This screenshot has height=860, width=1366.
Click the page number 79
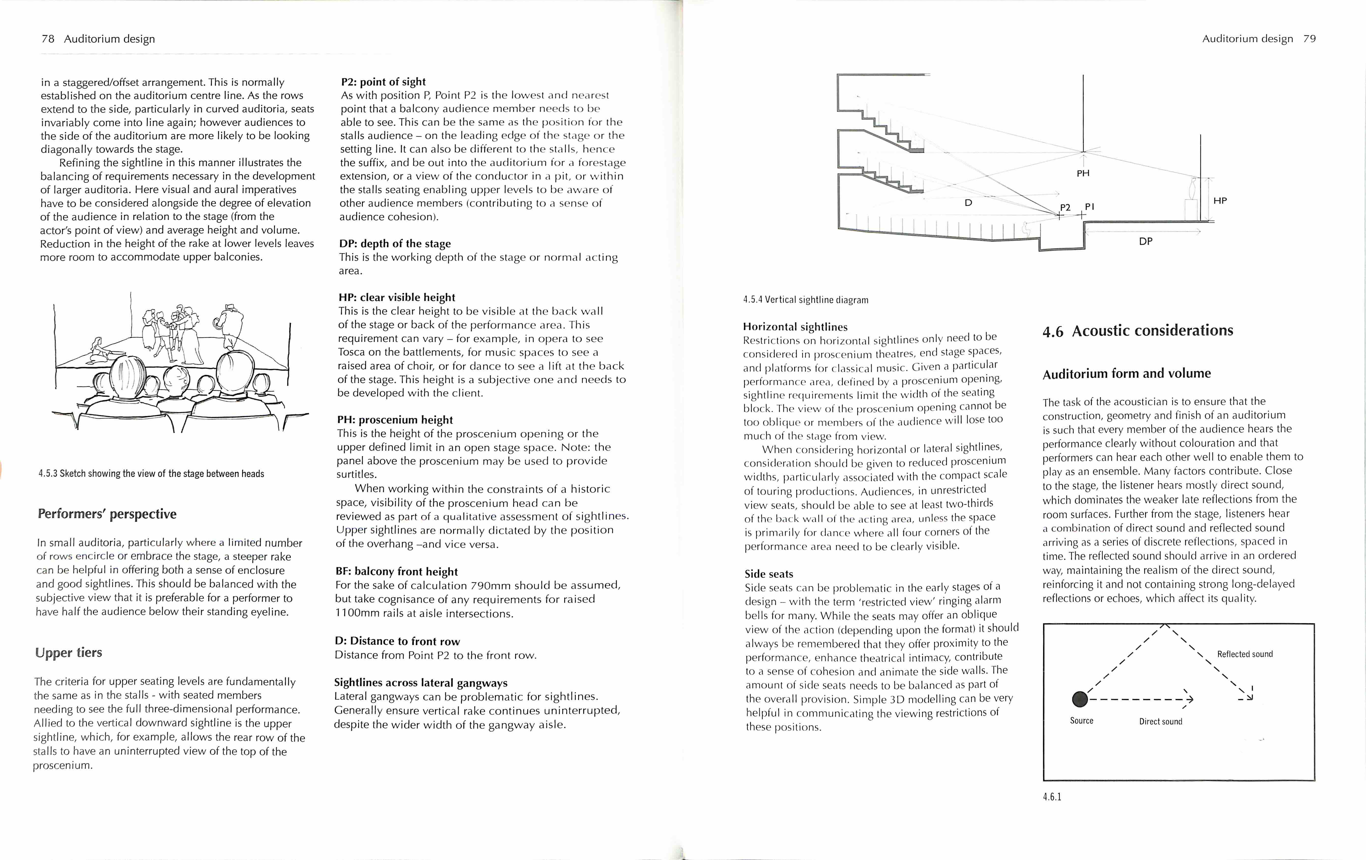pyautogui.click(x=1309, y=39)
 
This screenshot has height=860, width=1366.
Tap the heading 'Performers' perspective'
pyautogui.click(x=107, y=514)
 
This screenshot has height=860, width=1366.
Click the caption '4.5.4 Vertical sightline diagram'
pyautogui.click(x=805, y=300)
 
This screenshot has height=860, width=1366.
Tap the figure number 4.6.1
pyautogui.click(x=1052, y=796)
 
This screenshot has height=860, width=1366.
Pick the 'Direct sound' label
pyautogui.click(x=1161, y=722)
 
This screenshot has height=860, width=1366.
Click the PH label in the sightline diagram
pyautogui.click(x=1083, y=173)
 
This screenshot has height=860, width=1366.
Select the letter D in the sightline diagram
pyautogui.click(x=968, y=202)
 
